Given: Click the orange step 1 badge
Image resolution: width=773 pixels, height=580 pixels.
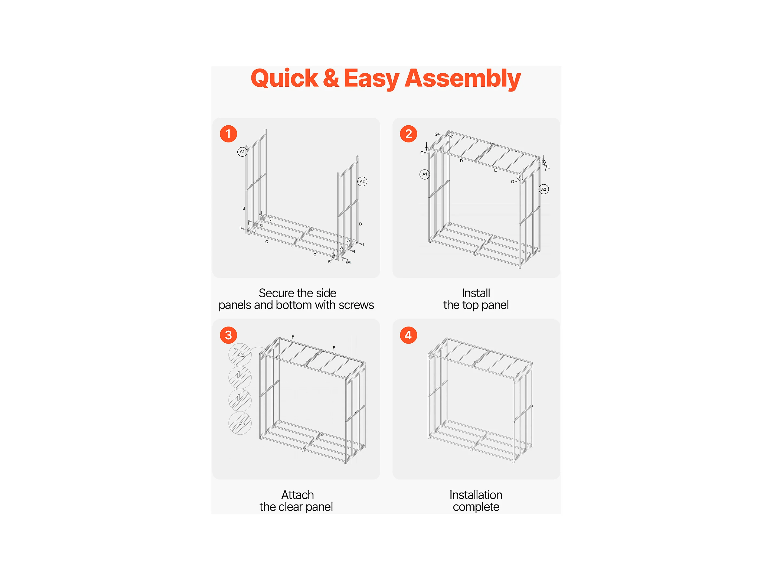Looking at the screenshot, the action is (228, 134).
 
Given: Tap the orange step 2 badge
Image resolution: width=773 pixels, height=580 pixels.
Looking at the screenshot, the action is (408, 134).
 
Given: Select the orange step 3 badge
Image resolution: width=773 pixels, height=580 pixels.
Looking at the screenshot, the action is (228, 335).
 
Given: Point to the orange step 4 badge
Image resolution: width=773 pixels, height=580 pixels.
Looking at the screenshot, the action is (408, 335).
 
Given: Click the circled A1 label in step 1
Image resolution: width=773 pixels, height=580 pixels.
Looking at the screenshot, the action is (242, 152).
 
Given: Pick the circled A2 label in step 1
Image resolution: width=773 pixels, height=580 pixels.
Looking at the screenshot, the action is (362, 181).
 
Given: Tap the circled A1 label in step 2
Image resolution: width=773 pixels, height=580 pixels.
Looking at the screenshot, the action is (425, 174).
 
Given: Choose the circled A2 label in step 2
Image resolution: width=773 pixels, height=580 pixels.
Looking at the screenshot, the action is (544, 189).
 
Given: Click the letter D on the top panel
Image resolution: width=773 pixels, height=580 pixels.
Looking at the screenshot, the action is (461, 161).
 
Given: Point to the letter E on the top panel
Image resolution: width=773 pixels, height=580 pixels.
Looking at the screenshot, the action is (495, 170).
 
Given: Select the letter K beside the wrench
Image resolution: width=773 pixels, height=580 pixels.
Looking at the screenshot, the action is (329, 261).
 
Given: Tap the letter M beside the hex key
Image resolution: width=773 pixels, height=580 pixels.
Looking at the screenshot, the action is (349, 262).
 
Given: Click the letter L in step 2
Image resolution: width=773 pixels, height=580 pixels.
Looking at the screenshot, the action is (549, 167).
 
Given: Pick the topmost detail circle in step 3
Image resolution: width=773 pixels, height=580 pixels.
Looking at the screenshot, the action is (240, 354).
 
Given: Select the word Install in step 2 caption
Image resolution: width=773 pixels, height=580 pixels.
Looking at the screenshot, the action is (476, 293).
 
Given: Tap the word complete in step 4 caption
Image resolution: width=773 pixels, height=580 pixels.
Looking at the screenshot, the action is (476, 507).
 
